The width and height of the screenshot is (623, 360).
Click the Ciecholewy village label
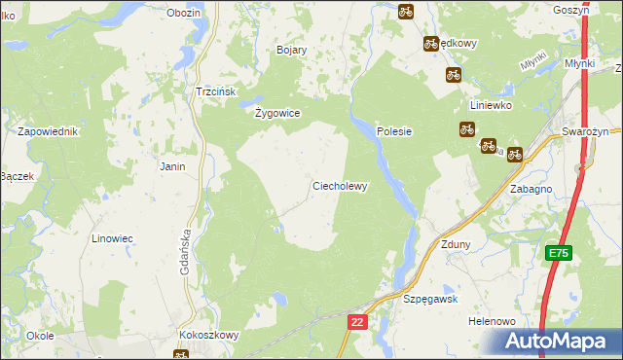(x=339, y=186)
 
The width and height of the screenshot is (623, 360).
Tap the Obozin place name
(x=183, y=13)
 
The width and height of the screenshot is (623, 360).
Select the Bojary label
(x=292, y=50)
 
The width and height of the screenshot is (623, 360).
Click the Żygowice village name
(x=277, y=113)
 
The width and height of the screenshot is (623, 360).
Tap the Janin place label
(x=172, y=166)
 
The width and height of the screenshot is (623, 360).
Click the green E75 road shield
(x=558, y=253)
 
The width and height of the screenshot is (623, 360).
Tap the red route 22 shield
(x=357, y=320)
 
